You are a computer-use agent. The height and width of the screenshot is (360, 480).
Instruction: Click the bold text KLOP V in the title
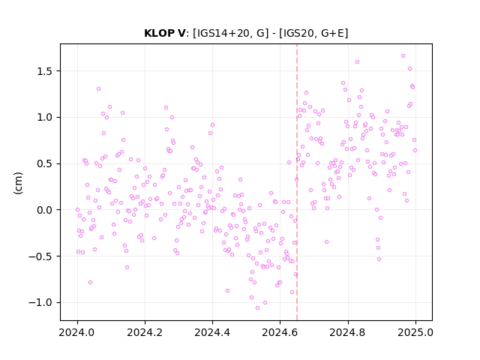click(164, 33)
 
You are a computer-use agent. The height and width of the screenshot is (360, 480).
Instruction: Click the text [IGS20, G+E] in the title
click(313, 33)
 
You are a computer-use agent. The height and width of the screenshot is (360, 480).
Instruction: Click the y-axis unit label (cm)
click(18, 183)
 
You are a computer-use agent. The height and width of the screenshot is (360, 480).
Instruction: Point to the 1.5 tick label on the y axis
click(45, 71)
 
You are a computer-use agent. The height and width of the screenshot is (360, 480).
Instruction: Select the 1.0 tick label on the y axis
click(45, 118)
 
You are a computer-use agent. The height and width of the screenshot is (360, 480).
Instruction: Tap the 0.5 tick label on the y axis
click(45, 163)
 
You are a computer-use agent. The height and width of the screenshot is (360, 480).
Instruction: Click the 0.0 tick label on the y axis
click(45, 210)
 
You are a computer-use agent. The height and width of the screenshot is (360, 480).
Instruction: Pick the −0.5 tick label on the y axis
click(40, 256)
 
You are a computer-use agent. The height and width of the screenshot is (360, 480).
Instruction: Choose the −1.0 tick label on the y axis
click(40, 302)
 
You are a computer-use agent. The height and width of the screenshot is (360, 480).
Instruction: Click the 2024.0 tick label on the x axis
click(77, 332)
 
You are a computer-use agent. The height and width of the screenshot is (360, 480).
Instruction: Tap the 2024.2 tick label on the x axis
click(145, 332)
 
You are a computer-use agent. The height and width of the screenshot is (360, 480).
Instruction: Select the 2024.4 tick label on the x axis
click(212, 332)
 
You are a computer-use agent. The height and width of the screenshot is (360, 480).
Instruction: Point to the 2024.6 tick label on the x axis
click(280, 332)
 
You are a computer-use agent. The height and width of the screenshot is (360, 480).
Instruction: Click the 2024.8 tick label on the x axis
click(348, 332)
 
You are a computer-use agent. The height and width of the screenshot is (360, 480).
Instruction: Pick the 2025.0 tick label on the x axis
click(415, 332)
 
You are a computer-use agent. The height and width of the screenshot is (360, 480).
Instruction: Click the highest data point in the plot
click(403, 56)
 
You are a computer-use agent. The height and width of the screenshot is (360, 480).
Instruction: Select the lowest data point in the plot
click(257, 308)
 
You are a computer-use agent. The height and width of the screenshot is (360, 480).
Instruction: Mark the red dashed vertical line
click(297, 182)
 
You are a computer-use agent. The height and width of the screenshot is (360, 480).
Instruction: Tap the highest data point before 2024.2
click(98, 89)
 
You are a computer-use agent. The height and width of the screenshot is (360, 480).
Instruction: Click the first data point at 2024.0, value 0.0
click(77, 210)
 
